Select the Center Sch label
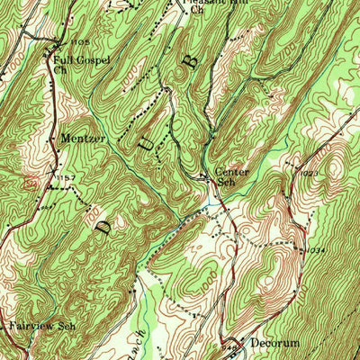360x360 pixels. [x=230, y=175]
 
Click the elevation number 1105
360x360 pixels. [x=79, y=42]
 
